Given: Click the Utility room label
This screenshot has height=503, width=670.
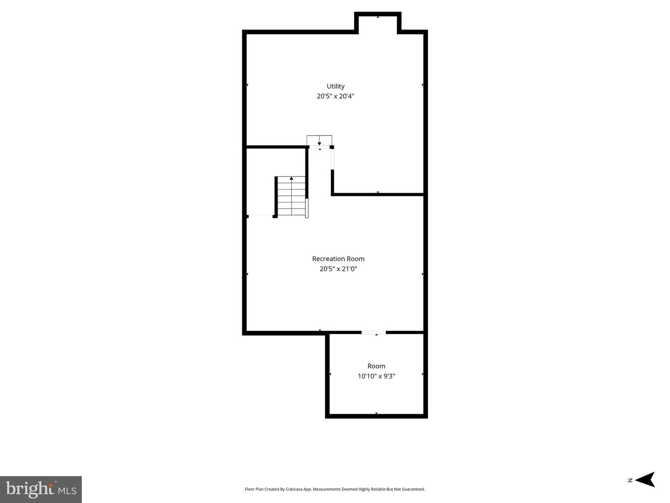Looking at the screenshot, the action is tap(335, 87).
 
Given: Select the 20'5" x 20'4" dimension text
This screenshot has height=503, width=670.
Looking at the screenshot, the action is tap(335, 96).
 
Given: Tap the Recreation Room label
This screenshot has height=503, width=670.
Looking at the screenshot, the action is tap(338, 259).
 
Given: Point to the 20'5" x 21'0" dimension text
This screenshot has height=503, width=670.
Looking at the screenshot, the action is tap(338, 269).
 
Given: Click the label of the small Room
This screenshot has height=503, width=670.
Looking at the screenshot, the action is tap(376, 366).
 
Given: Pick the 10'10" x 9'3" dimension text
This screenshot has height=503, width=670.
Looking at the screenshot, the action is tap(376, 376).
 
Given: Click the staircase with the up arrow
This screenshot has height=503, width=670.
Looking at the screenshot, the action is tap(292, 197).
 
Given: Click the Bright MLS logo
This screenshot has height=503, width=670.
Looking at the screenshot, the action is tap(41, 489).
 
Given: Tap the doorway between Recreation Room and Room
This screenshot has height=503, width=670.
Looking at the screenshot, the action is tap(374, 332).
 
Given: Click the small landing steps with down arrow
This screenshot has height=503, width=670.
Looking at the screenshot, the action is tap(319, 140).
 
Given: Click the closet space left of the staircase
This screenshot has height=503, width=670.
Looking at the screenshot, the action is tap(261, 181).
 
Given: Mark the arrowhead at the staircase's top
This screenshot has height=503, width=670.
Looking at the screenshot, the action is tap(292, 178).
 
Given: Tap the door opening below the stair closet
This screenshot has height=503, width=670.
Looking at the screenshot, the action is tap(261, 216).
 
